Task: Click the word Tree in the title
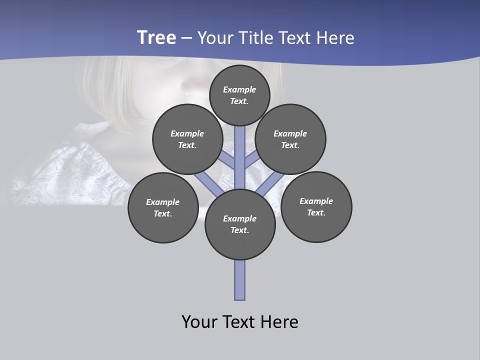point(156,38)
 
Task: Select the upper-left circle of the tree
point(187,139)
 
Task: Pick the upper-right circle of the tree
point(290,139)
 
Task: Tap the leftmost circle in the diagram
point(163,207)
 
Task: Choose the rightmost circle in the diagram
point(316,206)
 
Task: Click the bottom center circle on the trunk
point(240,224)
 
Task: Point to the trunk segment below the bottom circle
point(240,280)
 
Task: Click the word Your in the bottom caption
point(199,322)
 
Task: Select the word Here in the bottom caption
point(279,322)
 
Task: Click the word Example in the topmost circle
point(239,89)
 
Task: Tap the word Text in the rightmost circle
point(316,212)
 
